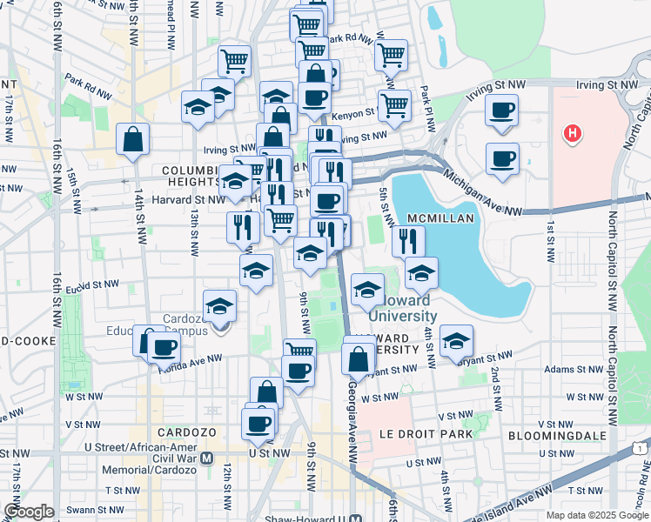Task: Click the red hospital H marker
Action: tap(573, 134)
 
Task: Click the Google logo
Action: tap(29, 512)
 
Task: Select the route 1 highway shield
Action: tap(640, 447)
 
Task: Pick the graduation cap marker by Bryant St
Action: tap(455, 341)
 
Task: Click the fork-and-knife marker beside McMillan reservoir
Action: tap(408, 239)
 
